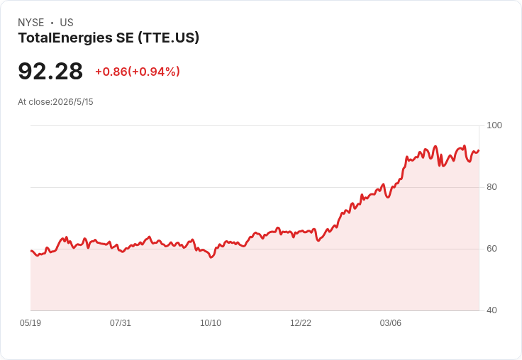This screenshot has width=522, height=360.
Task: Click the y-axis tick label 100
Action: pos(494,125)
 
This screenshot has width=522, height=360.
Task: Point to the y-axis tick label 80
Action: pos(492,187)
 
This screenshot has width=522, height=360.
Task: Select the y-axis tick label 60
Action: pos(492,249)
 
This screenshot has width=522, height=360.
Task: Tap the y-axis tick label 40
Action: pos(492,310)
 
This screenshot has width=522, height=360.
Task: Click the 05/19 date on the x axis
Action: pos(30,322)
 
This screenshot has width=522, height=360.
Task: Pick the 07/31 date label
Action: pos(120,322)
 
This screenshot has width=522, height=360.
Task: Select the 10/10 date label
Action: pos(211,322)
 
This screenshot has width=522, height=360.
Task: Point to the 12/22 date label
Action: pos(301,322)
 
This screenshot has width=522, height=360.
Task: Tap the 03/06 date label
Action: pos(391,322)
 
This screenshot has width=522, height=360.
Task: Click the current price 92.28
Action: pos(50,71)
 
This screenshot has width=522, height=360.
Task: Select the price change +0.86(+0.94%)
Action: pos(138,72)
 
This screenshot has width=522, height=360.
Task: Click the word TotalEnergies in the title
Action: pos(65,38)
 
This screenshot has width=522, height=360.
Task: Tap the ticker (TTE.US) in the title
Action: pos(169,38)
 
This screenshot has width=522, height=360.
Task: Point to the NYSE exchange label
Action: pos(31,23)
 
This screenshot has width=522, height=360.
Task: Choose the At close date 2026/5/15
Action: pos(73,102)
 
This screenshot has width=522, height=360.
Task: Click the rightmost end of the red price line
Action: pos(479,150)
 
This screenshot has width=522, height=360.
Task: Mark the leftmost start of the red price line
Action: pos(31,251)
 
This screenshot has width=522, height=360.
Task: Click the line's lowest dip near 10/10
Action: pos(211,257)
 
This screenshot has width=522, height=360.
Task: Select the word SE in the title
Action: pos(125,38)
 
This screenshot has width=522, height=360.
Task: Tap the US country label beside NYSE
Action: pos(67,23)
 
